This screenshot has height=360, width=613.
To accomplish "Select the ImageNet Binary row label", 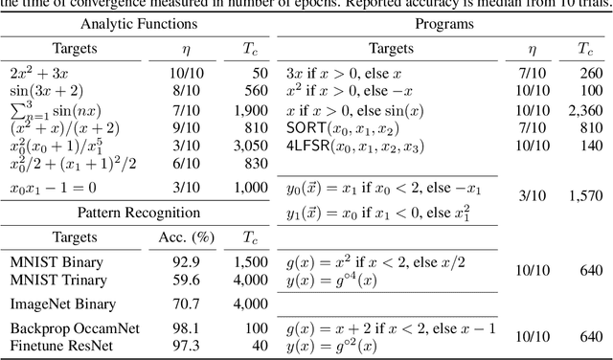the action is (x=56, y=304).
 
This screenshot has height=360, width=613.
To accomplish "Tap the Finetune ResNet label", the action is (x=55, y=344).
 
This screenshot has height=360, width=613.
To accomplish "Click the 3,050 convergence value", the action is (x=237, y=146).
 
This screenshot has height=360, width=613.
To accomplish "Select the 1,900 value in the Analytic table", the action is (x=237, y=110).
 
